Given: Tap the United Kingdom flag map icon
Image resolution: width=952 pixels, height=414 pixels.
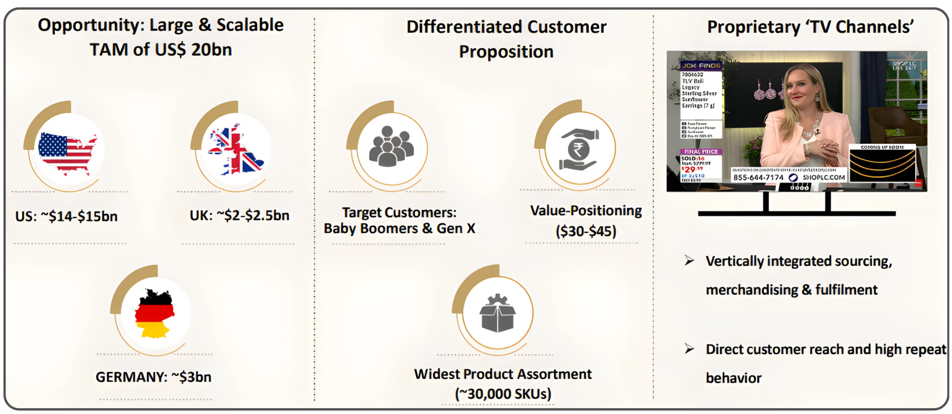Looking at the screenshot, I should click(x=235, y=151).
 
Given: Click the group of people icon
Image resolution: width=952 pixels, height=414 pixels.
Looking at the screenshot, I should click(x=391, y=146).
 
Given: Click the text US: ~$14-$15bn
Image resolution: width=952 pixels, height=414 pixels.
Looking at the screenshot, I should click(x=67, y=216).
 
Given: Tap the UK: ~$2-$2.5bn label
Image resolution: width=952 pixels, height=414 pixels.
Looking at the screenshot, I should click(x=239, y=215).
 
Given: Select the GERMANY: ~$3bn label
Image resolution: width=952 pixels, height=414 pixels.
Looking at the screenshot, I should click(x=153, y=377).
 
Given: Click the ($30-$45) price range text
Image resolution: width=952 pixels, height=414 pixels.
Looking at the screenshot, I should click(x=586, y=232).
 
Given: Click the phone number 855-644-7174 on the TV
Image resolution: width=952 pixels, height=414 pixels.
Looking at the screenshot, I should click(x=758, y=177).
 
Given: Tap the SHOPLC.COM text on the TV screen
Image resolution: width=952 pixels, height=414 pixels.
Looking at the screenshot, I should click(x=823, y=177).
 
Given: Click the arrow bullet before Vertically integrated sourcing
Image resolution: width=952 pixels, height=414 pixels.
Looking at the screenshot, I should click(x=689, y=261).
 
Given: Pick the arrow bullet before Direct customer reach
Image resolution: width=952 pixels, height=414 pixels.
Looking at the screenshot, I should click(x=689, y=349).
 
